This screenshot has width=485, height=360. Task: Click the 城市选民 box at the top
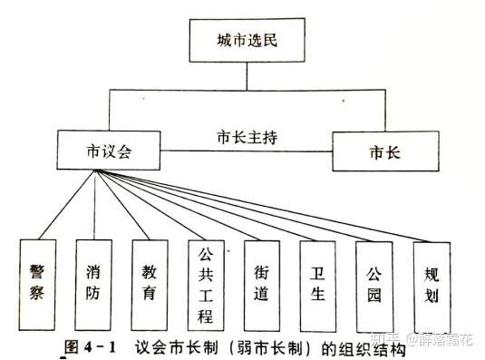click(x=247, y=40)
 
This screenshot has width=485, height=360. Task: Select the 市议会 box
click(x=109, y=151)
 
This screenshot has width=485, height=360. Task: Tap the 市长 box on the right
click(x=385, y=151)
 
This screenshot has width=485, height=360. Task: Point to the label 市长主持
click(x=247, y=137)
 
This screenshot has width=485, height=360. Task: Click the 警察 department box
click(x=37, y=285)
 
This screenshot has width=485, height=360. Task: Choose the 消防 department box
click(x=93, y=285)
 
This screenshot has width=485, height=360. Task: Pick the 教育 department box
click(x=150, y=285)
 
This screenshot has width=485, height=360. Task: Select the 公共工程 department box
click(x=206, y=286)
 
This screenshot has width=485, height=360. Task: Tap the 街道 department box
click(x=262, y=286)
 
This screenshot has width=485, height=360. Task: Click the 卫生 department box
click(x=317, y=287)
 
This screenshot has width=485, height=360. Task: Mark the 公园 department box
click(x=374, y=287)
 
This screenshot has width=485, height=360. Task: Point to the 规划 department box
click(x=432, y=287)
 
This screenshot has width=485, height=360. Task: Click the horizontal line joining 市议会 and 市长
click(x=247, y=151)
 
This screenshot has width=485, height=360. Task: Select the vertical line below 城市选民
click(x=247, y=76)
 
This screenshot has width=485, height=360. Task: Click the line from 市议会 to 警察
click(x=66, y=204)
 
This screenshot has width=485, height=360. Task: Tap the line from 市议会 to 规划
click(x=264, y=206)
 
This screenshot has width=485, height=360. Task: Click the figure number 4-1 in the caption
click(x=100, y=347)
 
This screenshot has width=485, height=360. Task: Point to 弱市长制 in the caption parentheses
click(x=269, y=348)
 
